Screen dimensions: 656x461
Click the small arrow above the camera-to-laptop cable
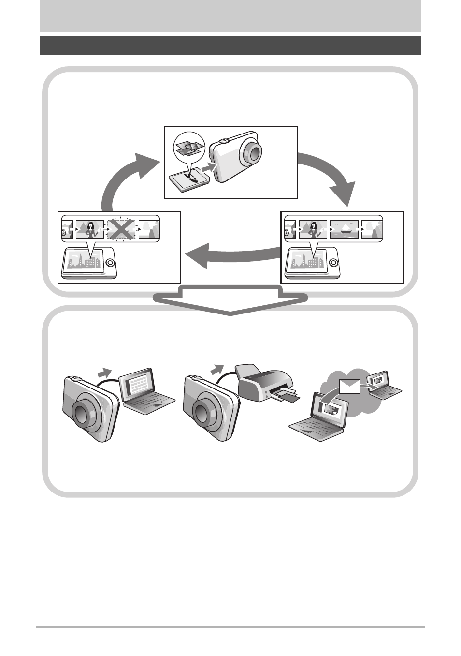coord(105,373)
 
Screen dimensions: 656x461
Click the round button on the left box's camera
coord(110,263)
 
